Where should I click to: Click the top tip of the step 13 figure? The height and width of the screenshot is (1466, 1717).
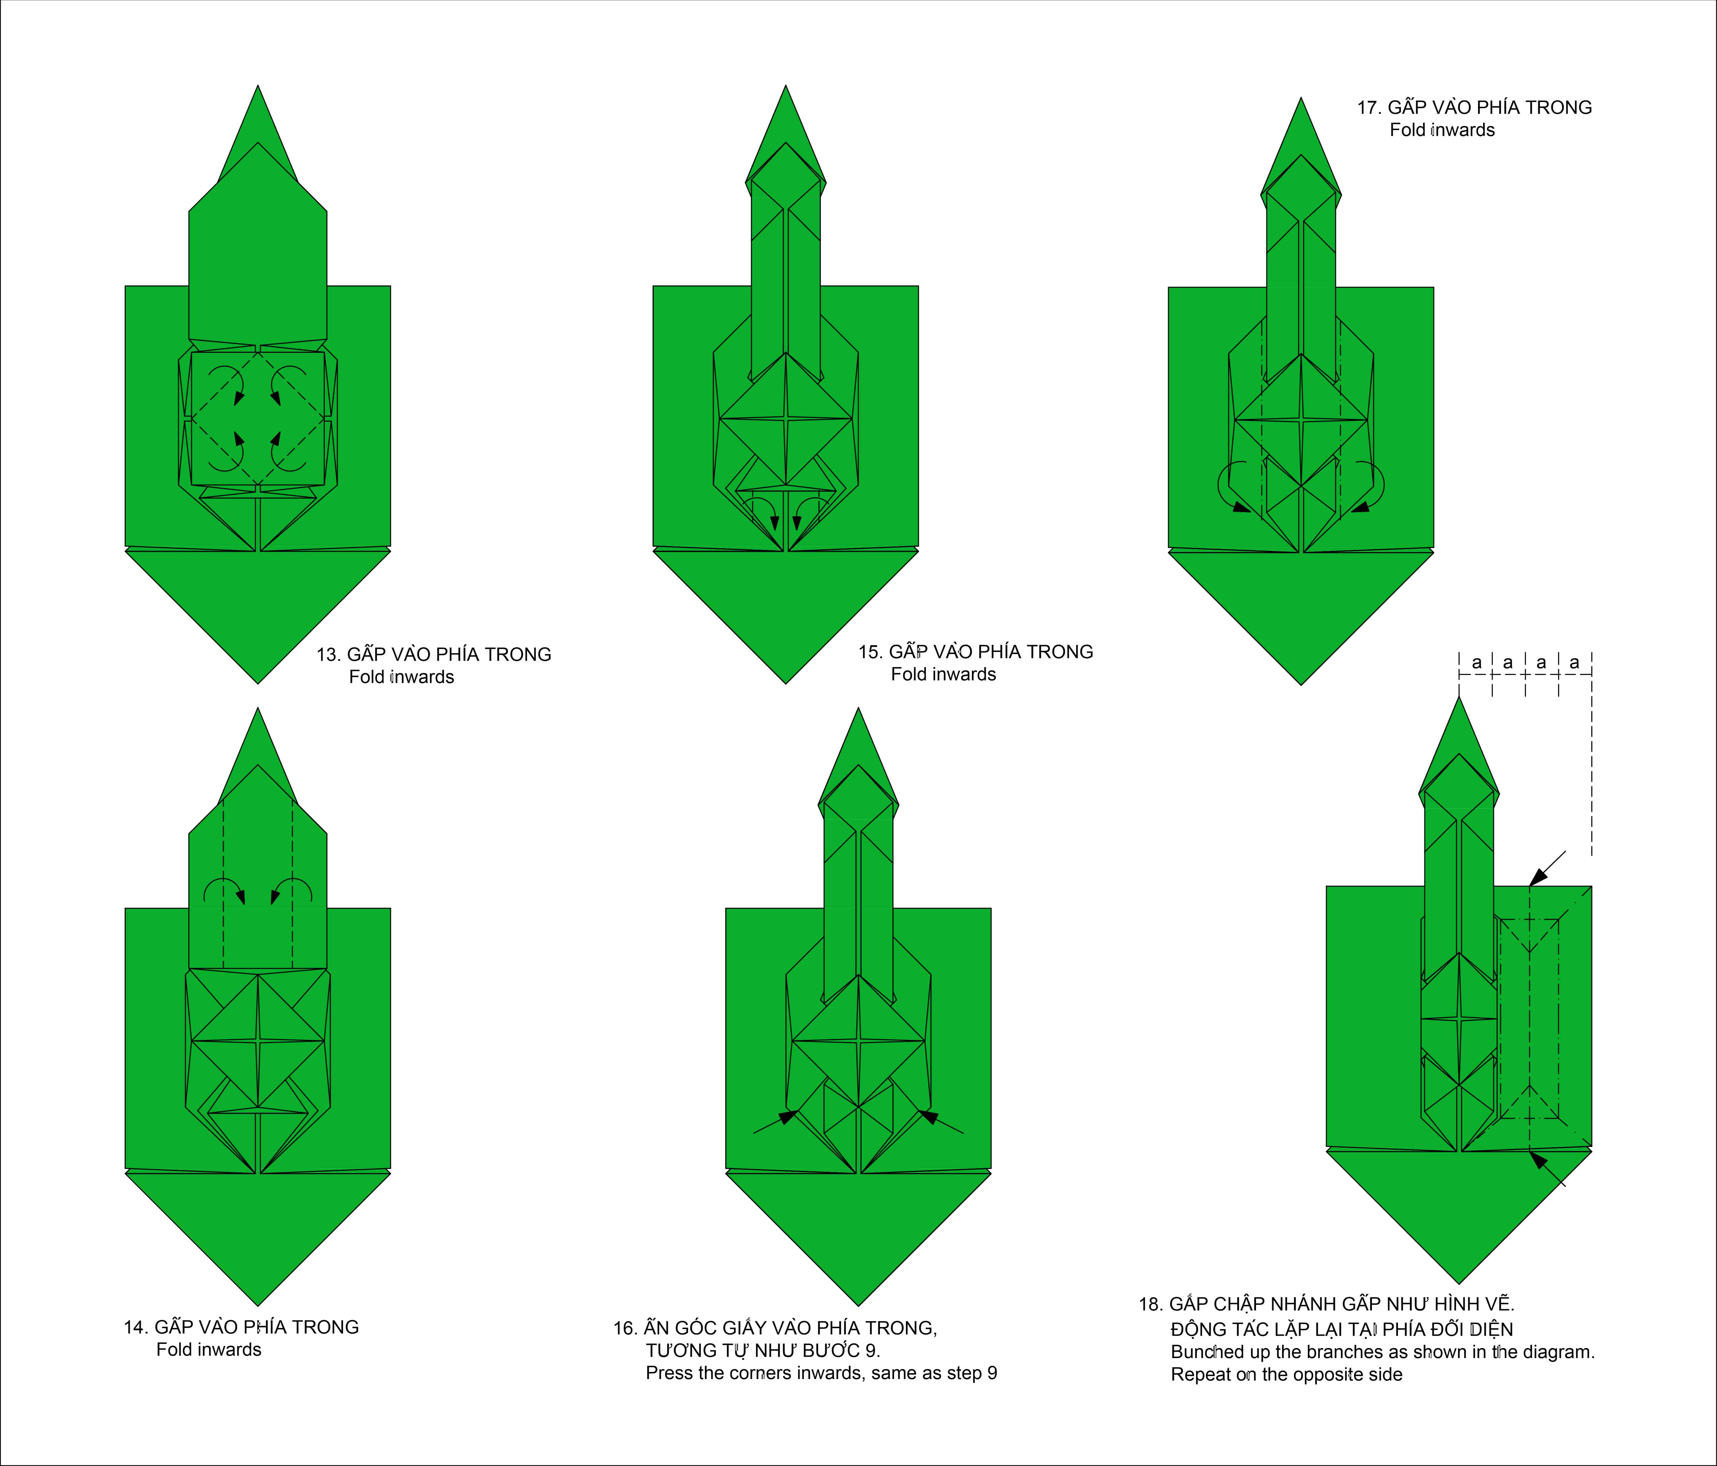258,85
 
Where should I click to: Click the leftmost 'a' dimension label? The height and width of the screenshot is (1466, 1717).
1476,663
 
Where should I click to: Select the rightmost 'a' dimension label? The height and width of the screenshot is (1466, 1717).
1574,663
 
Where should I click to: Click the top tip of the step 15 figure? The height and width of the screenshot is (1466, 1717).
786,85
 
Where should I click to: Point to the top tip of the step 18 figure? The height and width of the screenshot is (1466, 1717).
1459,697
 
